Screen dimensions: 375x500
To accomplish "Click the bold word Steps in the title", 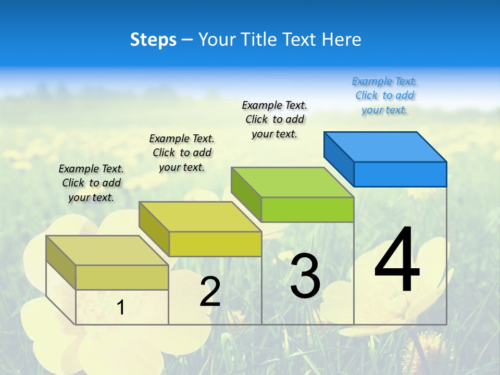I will tap(153, 40).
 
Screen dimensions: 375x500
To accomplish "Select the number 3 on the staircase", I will tap(305, 276).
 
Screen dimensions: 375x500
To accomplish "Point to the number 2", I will tap(210, 292).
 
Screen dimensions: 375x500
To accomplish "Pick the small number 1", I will tap(120, 307).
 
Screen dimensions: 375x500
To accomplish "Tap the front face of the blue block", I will tap(400, 174).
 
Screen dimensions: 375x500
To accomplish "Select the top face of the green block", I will tap(292, 182).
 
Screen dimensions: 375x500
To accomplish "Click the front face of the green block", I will tap(307, 209).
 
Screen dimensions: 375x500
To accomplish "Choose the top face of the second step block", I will tap(200, 216).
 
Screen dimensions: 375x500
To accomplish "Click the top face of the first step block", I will tap(107, 250).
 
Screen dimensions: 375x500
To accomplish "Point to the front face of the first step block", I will tap(122, 277).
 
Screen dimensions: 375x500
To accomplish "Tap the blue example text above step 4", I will tap(384, 95).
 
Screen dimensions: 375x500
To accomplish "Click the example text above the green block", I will tap(274, 119).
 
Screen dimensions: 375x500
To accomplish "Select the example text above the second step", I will tap(182, 153).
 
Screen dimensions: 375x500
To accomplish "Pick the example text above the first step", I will tap(91, 183).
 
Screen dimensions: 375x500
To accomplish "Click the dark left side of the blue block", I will tap(339, 158).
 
